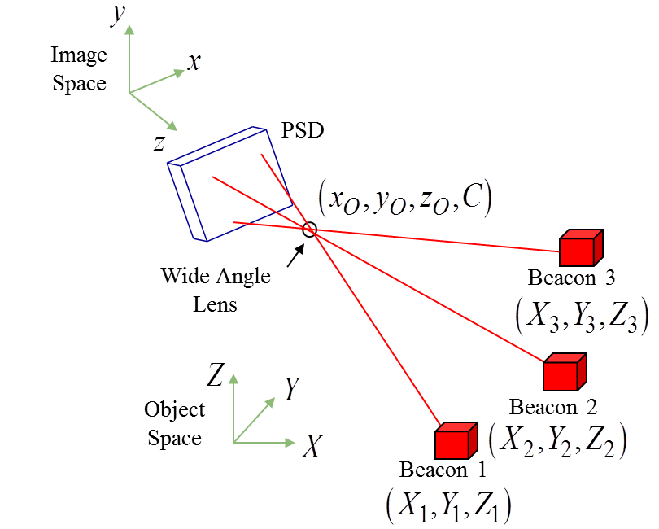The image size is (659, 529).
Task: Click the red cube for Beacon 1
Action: pyautogui.click(x=454, y=441)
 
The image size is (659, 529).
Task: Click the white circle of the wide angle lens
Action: pyautogui.click(x=309, y=229)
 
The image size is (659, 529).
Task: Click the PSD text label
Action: pyautogui.click(x=303, y=129)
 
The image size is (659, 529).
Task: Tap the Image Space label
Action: pyautogui.click(x=79, y=69)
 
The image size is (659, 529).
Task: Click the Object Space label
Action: pyautogui.click(x=174, y=423)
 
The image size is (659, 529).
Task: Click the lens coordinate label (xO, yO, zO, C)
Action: pyautogui.click(x=404, y=200)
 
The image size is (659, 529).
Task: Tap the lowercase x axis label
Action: pyautogui.click(x=194, y=62)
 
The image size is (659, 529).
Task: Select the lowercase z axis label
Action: pyautogui.click(x=159, y=144)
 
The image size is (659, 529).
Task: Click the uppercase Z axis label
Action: pyautogui.click(x=216, y=374)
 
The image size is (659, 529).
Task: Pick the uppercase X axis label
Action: pyautogui.click(x=311, y=446)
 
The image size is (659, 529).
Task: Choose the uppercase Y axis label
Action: pyautogui.click(x=292, y=390)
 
